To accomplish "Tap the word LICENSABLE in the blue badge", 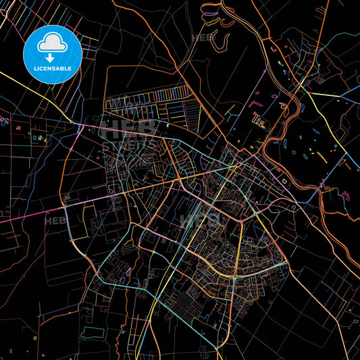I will (52, 69).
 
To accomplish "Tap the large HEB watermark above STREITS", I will (128, 128).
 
